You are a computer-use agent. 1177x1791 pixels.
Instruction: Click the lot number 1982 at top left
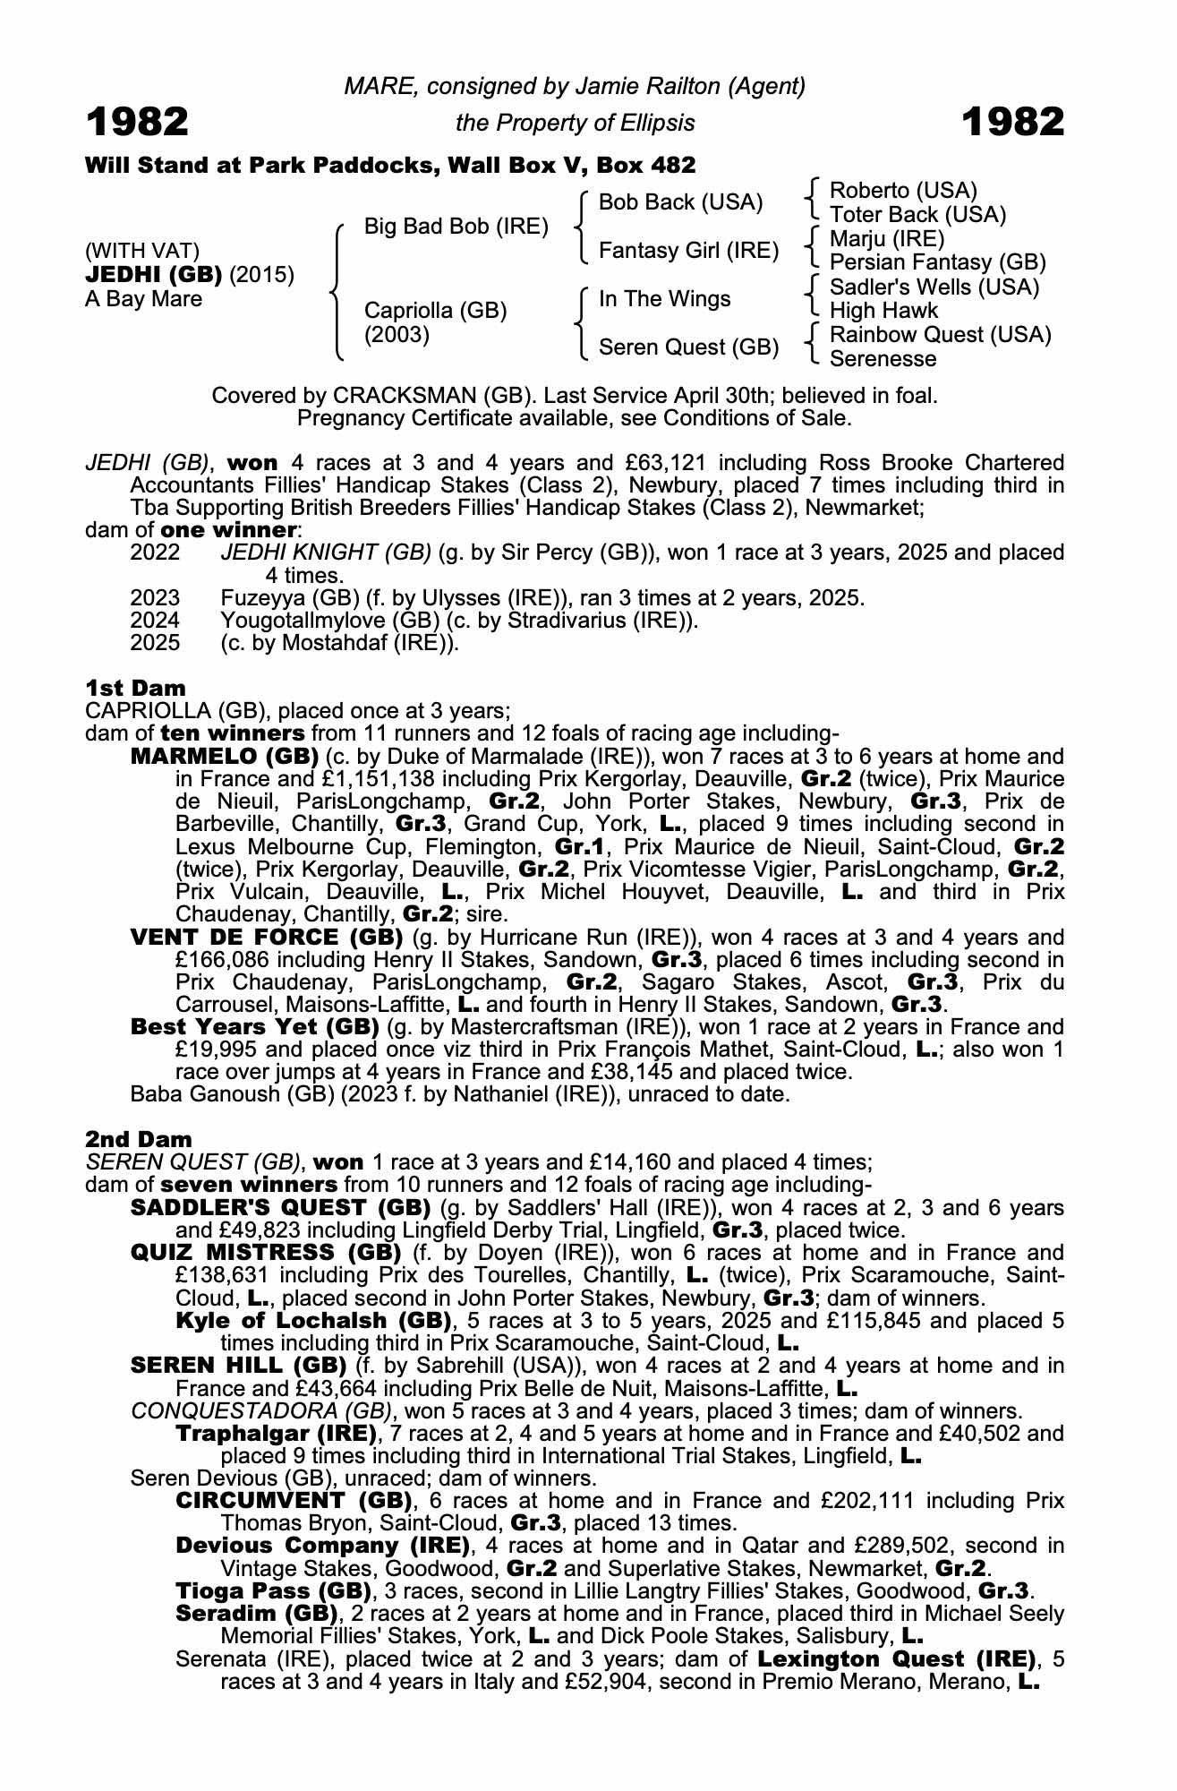[x=137, y=122]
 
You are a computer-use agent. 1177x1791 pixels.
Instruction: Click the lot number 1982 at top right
[x=1013, y=122]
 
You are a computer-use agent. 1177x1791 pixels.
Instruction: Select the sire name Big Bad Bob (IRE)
[x=456, y=226]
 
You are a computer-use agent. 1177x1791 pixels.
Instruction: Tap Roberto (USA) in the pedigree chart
[x=903, y=190]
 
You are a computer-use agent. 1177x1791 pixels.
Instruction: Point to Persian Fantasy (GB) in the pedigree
[x=937, y=262]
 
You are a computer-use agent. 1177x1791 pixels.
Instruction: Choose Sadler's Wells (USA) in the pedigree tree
[x=934, y=287]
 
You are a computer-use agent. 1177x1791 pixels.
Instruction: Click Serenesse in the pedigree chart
[x=883, y=358]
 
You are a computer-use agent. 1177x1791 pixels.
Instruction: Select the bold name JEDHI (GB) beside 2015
[x=154, y=274]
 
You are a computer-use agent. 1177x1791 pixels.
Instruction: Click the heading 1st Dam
[x=135, y=688]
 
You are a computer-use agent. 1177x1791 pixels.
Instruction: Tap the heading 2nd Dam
[x=138, y=1139]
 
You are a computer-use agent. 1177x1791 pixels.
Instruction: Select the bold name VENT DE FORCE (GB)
[x=266, y=937]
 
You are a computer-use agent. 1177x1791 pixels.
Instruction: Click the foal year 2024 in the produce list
[x=155, y=620]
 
